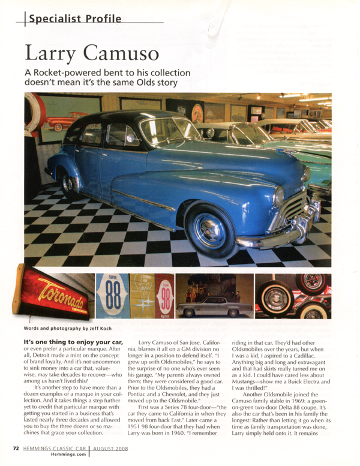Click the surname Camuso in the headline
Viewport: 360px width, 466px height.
pyautogui.click(x=123, y=53)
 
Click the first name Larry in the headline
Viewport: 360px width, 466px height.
pyautogui.click(x=50, y=53)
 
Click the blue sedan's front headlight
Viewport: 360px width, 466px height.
pyautogui.click(x=279, y=196)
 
